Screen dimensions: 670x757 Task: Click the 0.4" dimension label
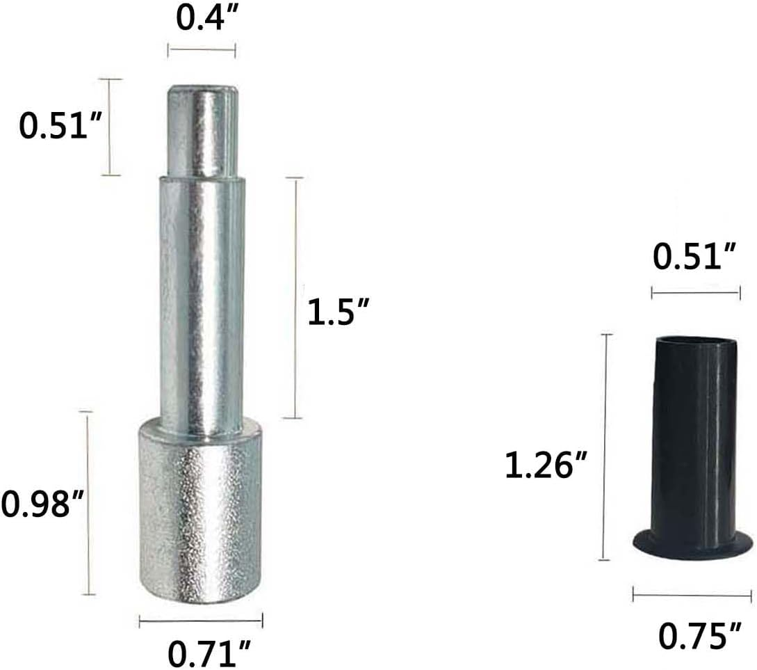[201, 19]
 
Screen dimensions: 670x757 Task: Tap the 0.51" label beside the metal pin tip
[60, 127]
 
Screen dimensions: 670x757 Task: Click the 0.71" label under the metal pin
[209, 653]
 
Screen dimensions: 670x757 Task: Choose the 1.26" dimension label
[546, 465]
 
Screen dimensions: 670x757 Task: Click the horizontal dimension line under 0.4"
[201, 49]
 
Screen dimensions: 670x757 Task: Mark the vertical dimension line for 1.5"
[295, 298]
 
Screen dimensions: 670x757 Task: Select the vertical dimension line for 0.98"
[88, 503]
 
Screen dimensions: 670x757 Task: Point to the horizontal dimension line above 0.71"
[200, 620]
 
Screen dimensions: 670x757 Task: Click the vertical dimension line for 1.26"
[606, 447]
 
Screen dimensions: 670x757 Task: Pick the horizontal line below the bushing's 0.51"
[695, 293]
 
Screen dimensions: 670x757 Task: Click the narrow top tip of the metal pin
[201, 131]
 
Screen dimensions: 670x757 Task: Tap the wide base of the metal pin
[200, 511]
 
